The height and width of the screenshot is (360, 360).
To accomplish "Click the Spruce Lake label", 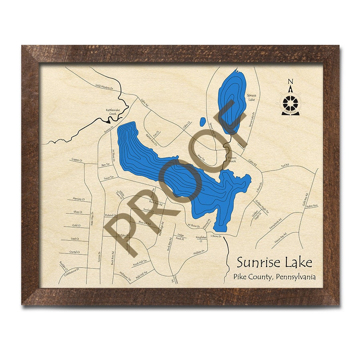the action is (x=251, y=97).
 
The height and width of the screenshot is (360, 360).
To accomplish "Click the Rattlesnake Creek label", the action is (x=113, y=111).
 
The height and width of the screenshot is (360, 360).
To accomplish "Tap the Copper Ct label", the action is (x=77, y=160).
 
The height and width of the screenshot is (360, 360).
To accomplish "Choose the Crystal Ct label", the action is (x=75, y=252).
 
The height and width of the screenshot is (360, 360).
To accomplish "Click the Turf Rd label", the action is (x=284, y=165).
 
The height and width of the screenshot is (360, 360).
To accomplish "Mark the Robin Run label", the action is (x=313, y=206).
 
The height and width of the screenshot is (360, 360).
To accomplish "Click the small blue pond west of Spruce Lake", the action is (x=202, y=120).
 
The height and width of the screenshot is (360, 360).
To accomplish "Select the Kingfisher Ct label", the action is (x=201, y=239).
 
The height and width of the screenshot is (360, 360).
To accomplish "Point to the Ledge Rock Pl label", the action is (x=180, y=237).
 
